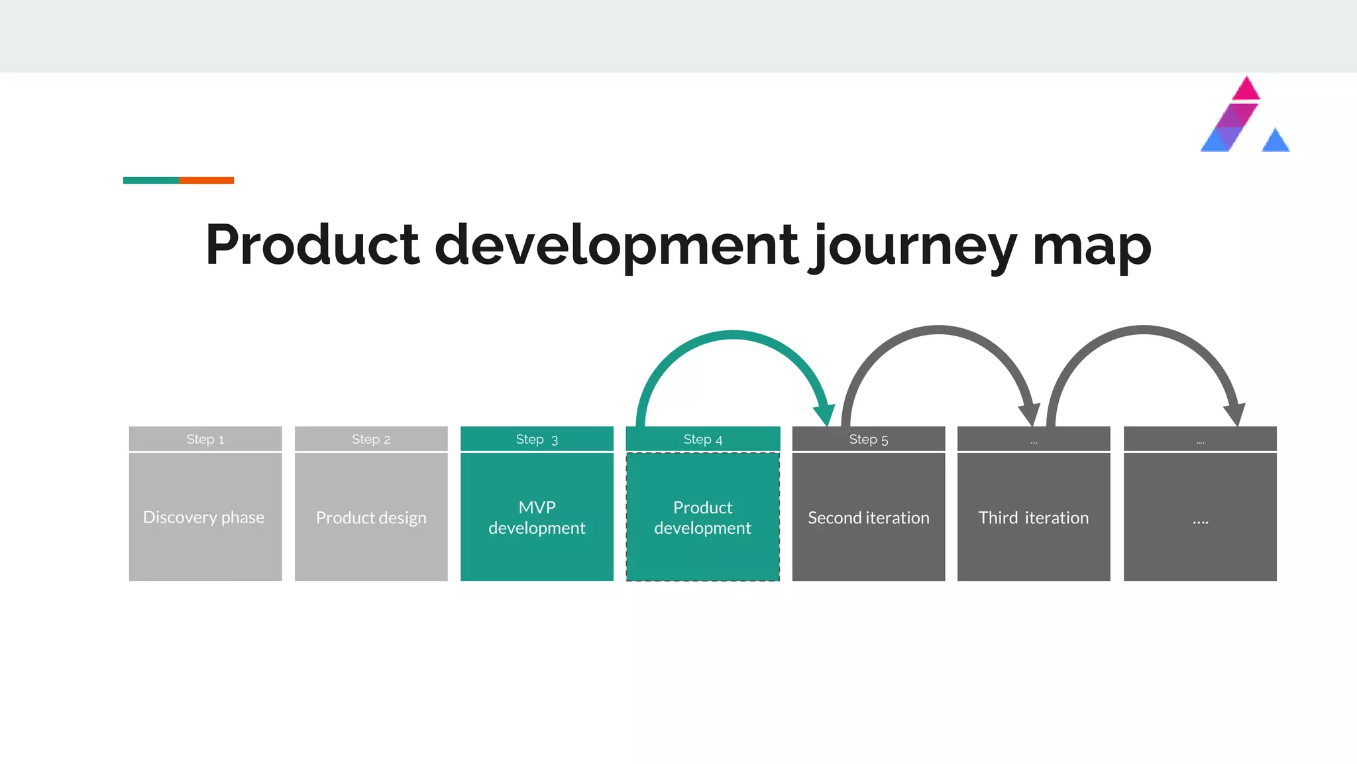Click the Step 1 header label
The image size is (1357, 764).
coord(205,439)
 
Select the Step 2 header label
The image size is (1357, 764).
coord(371,439)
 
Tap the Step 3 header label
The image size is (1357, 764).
coord(537,439)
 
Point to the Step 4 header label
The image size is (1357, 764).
coord(703,439)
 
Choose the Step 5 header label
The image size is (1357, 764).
coord(869,439)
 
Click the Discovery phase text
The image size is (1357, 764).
coord(204,517)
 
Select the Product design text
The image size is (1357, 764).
coord(371,517)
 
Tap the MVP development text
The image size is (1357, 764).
coord(537,517)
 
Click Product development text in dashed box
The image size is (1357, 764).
coord(703,517)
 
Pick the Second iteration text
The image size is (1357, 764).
coord(869,517)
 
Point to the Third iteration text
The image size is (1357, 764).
coord(1034,517)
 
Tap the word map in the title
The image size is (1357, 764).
coord(1092,247)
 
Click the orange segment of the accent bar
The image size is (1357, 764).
coord(206,180)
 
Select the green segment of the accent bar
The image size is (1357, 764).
coord(151,180)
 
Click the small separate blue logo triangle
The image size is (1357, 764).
coord(1276,142)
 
